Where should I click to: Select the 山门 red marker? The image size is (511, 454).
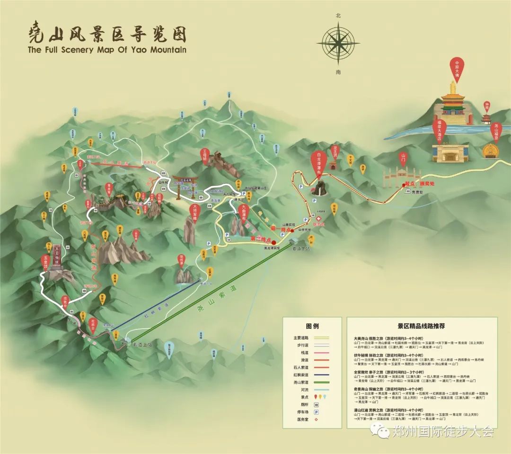coord(404,158)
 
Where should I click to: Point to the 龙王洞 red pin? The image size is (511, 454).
coord(335,155)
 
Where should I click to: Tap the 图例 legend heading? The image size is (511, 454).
coord(312,326)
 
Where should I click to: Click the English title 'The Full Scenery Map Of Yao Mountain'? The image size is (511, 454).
coord(107,49)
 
